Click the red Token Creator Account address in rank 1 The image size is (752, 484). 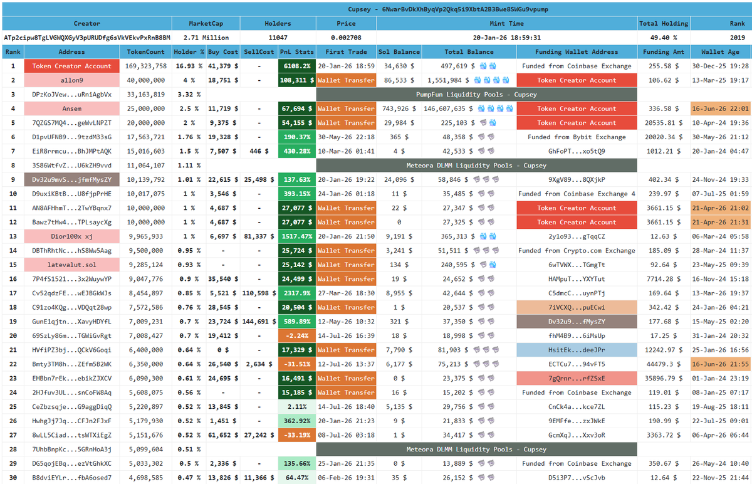[72, 66]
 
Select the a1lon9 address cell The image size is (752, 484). [72, 80]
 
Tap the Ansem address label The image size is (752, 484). [72, 108]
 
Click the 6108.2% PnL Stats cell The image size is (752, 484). [297, 66]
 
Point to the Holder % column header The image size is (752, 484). [189, 52]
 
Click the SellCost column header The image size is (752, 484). [259, 52]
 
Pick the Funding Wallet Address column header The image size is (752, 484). [577, 52]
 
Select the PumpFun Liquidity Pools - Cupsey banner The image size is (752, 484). [476, 95]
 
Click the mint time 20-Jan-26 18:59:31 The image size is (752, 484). [506, 38]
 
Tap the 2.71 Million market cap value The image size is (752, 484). [206, 38]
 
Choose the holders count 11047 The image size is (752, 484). [278, 38]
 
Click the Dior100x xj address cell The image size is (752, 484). [72, 236]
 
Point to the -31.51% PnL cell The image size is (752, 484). [297, 364]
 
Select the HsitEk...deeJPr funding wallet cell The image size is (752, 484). [577, 350]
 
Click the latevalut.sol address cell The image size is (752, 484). [72, 265]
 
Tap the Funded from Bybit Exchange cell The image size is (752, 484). [577, 137]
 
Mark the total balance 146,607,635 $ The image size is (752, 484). [448, 108]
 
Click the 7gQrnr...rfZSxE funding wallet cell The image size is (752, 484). [577, 378]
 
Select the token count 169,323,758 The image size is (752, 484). [145, 66]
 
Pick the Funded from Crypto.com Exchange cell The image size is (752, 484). [577, 251]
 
